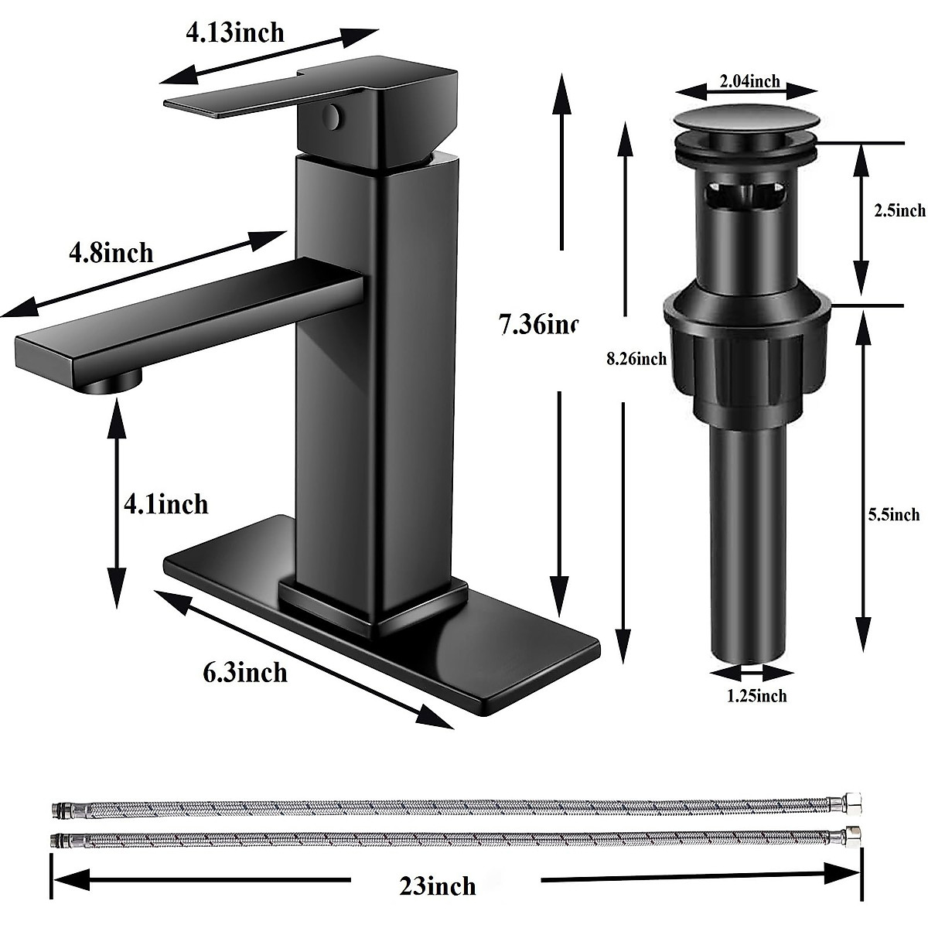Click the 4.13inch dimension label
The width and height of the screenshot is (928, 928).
click(234, 32)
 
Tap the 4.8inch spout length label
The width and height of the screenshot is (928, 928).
click(111, 252)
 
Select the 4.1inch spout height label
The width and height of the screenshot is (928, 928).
click(166, 504)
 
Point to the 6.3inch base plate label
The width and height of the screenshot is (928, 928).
click(245, 672)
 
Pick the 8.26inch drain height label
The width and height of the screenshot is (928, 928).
click(636, 359)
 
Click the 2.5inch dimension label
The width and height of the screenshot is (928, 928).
click(899, 210)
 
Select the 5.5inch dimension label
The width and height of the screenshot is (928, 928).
click(894, 514)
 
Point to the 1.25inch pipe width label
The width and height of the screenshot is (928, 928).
click(756, 696)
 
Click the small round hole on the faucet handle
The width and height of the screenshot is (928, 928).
click(331, 118)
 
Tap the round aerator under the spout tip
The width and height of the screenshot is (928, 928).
click(116, 381)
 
